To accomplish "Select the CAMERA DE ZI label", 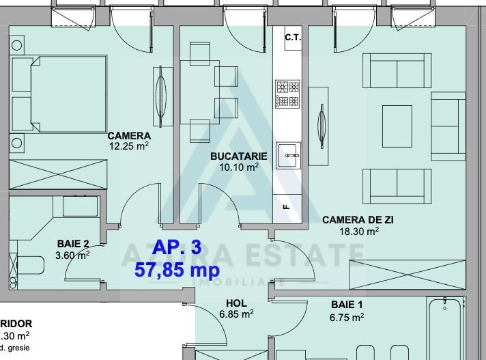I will coord(357,220).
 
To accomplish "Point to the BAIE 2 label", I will coord(72,244).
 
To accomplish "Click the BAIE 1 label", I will coord(347,305).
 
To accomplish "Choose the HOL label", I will coord(236,303).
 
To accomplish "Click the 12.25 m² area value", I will coord(128,146).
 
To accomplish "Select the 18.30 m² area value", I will coord(359,231).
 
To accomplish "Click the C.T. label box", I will coord(293,38).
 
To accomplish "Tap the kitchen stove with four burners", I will coord(287,94).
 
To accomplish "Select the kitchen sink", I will coord(288,155).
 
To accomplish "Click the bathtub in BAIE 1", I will coord(447,328).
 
